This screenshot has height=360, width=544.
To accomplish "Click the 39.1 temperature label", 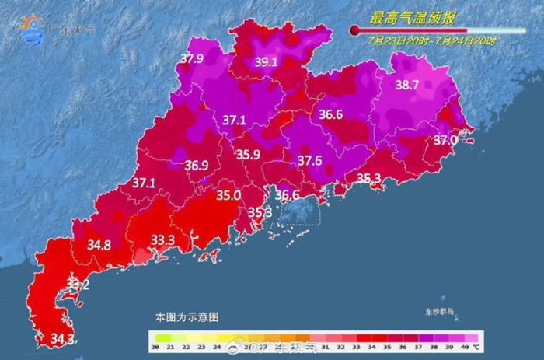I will (267, 62).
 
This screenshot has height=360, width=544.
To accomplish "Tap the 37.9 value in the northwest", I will (191, 58).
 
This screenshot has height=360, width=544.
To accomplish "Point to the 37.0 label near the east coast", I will (445, 140).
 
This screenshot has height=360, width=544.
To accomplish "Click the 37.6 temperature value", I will (310, 160).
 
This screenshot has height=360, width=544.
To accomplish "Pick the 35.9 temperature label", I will (248, 155).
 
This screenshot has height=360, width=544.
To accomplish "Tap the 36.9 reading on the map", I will (196, 165).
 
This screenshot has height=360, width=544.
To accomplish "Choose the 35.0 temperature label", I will (228, 196).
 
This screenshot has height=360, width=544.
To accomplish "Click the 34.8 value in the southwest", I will (99, 245).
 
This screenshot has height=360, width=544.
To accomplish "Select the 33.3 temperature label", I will (162, 240).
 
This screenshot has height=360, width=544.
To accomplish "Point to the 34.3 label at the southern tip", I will (62, 339).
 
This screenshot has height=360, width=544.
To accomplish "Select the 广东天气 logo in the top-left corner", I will (58, 30).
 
